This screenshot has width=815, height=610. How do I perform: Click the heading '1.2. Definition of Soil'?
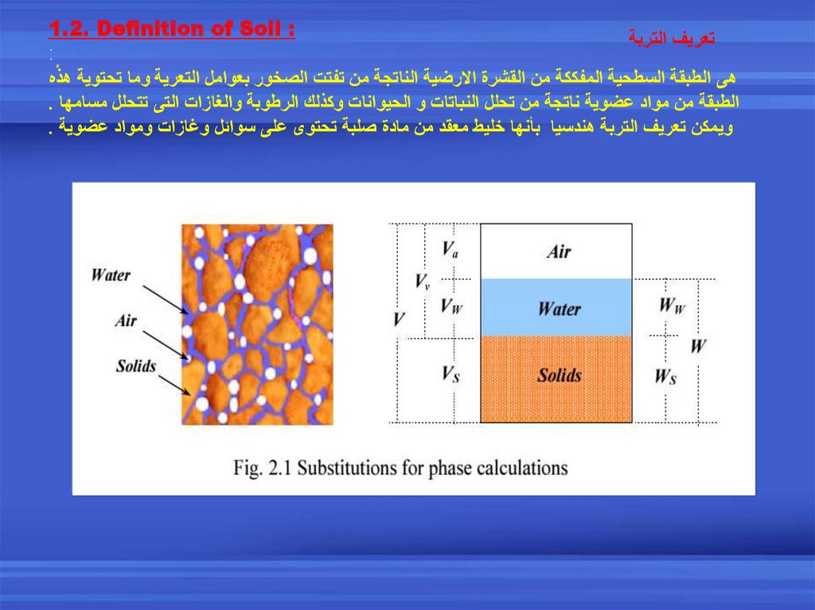(x=171, y=29)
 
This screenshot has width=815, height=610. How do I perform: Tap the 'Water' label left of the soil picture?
(x=111, y=275)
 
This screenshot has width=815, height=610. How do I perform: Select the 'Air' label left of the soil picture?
(x=126, y=321)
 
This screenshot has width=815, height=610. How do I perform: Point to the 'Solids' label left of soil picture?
(x=136, y=366)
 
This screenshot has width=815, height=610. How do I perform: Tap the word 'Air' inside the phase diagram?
(x=559, y=251)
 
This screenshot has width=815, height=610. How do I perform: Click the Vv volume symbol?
(x=423, y=281)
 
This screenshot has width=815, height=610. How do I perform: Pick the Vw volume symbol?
(x=450, y=307)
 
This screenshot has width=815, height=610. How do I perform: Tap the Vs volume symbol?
(x=450, y=374)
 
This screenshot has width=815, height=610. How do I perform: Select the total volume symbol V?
(x=399, y=320)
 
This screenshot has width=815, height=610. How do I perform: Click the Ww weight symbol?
(x=671, y=305)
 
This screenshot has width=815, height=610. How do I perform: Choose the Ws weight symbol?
(x=666, y=376)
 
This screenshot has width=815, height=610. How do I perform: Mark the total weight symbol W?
(x=698, y=346)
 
